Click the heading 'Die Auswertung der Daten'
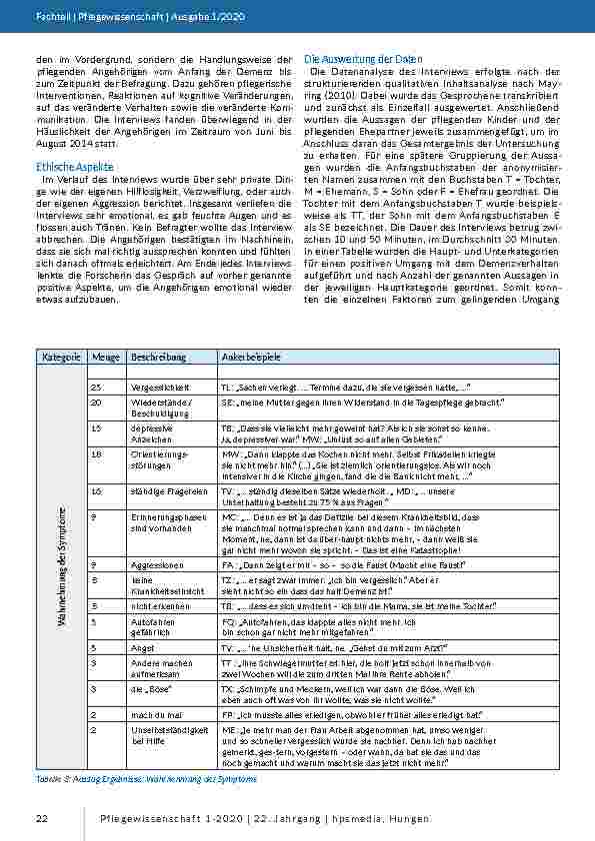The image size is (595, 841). pyautogui.click(x=357, y=60)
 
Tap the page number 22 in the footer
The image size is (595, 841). pyautogui.click(x=42, y=819)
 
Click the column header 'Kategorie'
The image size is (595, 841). pyautogui.click(x=60, y=357)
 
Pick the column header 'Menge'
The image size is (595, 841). pyautogui.click(x=105, y=357)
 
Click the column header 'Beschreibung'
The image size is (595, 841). pyautogui.click(x=159, y=357)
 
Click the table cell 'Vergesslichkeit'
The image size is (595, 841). pyautogui.click(x=163, y=385)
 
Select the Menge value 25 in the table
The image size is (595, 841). pyautogui.click(x=96, y=385)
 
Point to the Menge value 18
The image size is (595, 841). pyautogui.click(x=96, y=452)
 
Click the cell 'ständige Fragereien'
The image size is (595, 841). pyautogui.click(x=167, y=491)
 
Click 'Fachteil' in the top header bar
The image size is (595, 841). pyautogui.click(x=50, y=17)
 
